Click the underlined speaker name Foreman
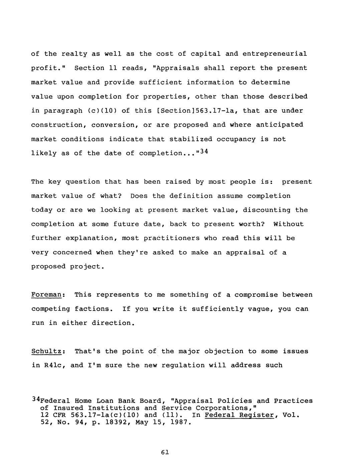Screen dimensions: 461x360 (x=46, y=295)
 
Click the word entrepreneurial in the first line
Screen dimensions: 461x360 (x=275, y=54)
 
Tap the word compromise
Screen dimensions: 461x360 (x=256, y=295)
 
